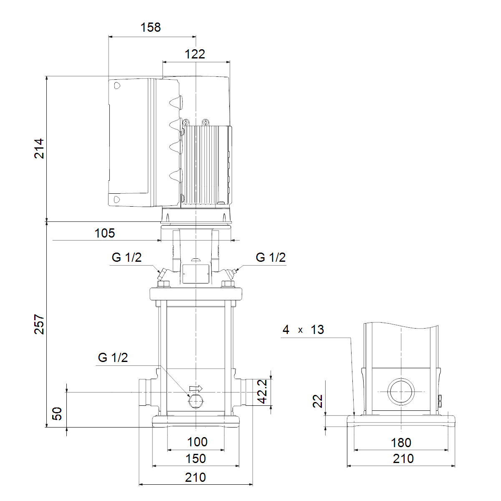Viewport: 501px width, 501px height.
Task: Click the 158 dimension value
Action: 151,27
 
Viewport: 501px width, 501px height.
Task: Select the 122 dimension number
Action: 195,54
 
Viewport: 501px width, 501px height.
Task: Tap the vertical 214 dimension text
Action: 39,149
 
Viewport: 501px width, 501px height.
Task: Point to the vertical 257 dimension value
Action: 39,324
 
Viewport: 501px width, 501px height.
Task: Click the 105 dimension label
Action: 104,233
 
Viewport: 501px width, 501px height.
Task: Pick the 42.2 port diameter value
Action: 262,391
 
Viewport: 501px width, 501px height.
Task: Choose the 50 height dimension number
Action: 57,414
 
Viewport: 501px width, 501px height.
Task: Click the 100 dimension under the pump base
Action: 197,442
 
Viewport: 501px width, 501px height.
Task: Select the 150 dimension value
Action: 195,458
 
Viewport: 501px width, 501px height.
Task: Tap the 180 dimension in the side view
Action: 401,443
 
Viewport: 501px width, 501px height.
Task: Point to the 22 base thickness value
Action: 318,401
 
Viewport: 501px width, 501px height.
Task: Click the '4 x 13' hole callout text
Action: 303,330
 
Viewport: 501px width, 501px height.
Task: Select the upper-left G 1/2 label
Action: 127,258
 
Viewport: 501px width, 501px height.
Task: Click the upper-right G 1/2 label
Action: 271,258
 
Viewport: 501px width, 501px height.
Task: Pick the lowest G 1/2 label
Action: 113,357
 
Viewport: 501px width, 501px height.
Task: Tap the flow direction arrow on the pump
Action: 196,388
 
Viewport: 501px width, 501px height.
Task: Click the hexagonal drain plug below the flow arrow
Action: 196,402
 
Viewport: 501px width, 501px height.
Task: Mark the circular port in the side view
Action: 401,392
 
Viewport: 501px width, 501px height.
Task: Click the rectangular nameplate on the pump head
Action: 196,274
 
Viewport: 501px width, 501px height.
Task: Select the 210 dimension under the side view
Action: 403,459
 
